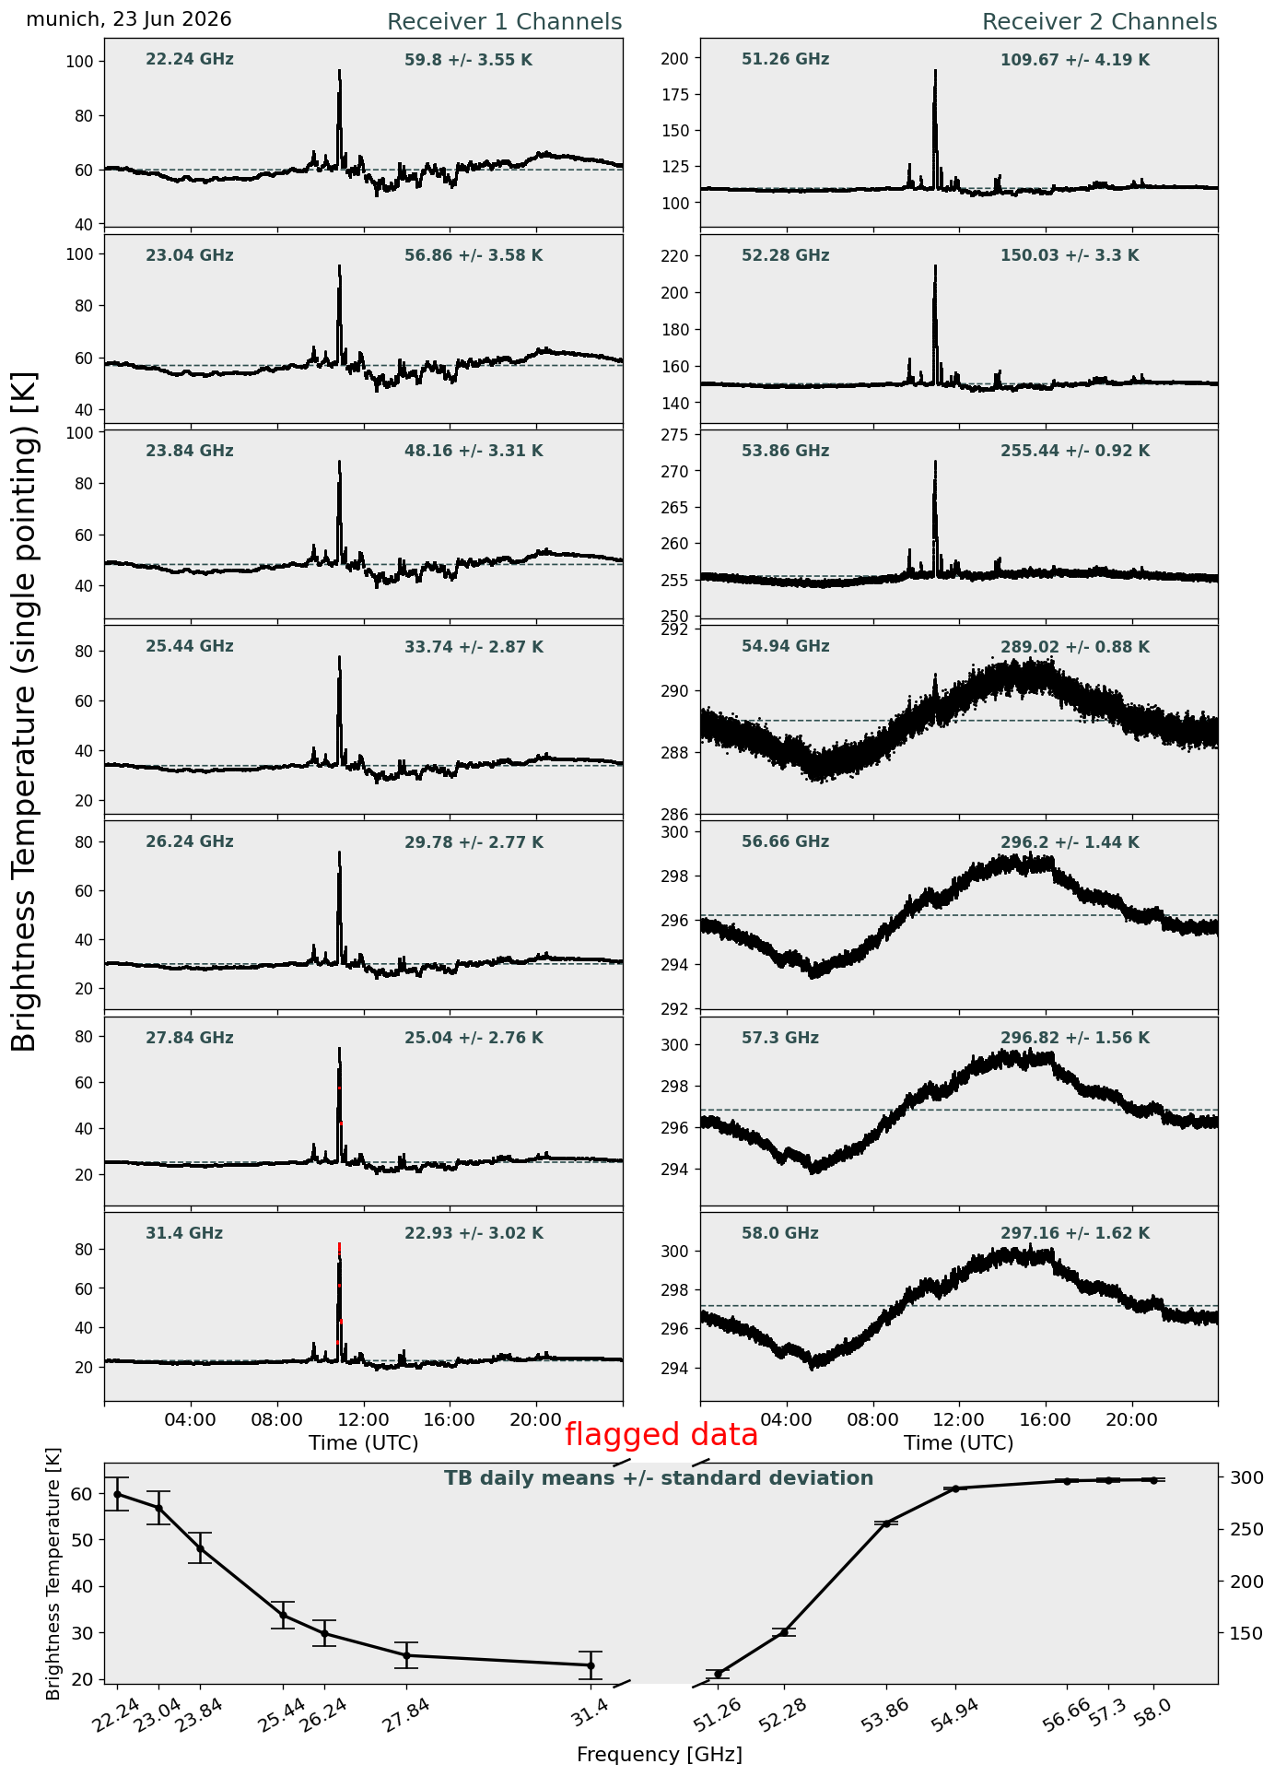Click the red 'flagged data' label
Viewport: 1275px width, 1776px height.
pyautogui.click(x=661, y=1435)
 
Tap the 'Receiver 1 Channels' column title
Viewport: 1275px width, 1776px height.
pyautogui.click(x=504, y=22)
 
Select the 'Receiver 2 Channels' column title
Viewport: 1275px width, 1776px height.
pyautogui.click(x=1100, y=22)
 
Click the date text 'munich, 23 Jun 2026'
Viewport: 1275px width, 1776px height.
pyautogui.click(x=129, y=19)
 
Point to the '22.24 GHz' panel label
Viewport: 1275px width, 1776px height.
pyautogui.click(x=190, y=60)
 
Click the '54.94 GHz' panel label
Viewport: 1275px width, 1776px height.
pyautogui.click(x=785, y=647)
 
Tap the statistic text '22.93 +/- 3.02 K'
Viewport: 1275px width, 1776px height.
pyautogui.click(x=474, y=1233)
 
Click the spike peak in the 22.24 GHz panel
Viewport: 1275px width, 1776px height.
pyautogui.click(x=339, y=71)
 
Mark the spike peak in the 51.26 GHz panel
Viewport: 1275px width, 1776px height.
pyautogui.click(x=935, y=71)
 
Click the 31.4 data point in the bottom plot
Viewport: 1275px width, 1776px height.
pyautogui.click(x=591, y=1665)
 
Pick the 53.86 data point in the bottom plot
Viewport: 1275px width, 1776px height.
pyautogui.click(x=886, y=1523)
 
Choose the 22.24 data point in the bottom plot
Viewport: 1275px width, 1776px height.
pyautogui.click(x=117, y=1494)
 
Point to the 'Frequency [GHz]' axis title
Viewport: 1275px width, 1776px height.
pyautogui.click(x=660, y=1754)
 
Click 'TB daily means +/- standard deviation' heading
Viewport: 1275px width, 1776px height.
pyautogui.click(x=659, y=1478)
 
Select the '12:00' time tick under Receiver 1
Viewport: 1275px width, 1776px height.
pyautogui.click(x=364, y=1419)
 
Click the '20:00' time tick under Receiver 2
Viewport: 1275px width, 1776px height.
pyautogui.click(x=1132, y=1419)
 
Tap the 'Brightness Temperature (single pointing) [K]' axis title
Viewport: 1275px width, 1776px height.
pyautogui.click(x=25, y=712)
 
